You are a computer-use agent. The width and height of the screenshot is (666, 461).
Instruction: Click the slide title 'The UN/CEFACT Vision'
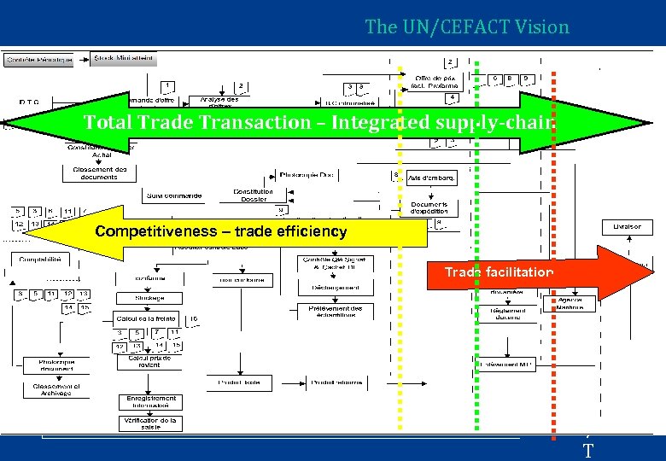pos(466,27)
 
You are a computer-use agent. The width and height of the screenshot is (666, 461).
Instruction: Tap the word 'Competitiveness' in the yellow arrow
pos(145,231)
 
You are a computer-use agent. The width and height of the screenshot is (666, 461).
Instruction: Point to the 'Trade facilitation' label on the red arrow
pos(499,272)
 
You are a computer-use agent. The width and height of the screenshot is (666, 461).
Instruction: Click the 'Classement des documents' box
pos(94,172)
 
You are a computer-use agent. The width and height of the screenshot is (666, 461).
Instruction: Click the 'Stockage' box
pos(149,299)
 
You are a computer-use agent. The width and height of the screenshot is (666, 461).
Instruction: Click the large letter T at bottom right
pos(587,450)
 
